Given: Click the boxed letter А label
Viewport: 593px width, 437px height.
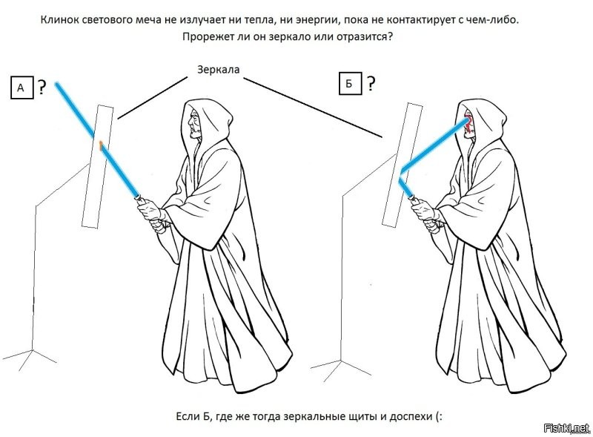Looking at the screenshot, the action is pos(21,88).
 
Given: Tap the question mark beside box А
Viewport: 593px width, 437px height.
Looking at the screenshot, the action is pos(42,87).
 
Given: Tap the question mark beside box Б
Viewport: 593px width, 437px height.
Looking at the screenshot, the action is pos(371,83).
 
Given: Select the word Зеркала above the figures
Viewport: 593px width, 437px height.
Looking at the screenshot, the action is pos(218,69).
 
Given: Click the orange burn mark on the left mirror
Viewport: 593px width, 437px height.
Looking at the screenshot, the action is pos(101,145).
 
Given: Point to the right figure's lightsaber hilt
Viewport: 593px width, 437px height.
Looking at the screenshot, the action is pos(414,200).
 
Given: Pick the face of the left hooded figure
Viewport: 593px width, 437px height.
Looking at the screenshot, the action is pos(195,124).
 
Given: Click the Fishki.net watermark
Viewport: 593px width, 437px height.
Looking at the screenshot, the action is pos(566,428).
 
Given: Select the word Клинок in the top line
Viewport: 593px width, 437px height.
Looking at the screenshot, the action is pos(58,20).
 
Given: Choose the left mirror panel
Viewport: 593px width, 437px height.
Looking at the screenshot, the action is pos(98,167).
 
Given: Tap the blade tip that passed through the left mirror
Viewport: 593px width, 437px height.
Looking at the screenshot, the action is pos(57,83).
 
